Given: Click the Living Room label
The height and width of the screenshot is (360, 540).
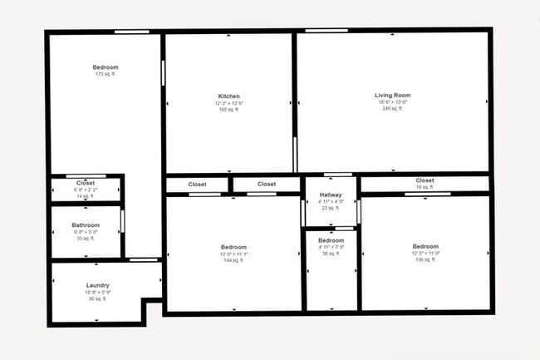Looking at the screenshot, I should coord(392,96).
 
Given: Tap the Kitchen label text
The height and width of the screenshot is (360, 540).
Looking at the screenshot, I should coord(228,96).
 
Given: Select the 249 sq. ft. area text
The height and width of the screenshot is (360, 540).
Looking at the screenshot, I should coord(392,109).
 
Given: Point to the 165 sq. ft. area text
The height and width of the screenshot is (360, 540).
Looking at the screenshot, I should coord(228,110).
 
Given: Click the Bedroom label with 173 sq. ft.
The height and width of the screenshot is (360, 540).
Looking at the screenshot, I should coord(105,67).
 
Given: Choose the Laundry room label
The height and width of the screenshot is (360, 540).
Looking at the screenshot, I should coord(97,285).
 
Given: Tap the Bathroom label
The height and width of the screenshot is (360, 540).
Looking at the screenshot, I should coord(86,225).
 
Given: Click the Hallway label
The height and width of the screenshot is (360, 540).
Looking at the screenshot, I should coord(331,195).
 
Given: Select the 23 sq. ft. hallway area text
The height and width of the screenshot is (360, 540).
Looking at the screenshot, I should coord(331,208).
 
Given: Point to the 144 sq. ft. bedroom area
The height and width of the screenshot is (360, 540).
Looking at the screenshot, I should coord(233,260).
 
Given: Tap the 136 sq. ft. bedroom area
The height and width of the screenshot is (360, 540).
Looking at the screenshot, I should coord(425,259).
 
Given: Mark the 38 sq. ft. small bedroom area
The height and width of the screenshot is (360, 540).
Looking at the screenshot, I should coord(331,254).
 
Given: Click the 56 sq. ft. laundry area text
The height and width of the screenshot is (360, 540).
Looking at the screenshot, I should coord(97,299).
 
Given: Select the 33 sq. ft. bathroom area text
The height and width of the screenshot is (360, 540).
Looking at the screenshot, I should coord(86,239).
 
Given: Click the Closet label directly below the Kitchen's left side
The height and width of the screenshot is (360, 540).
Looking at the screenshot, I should coord(197,185).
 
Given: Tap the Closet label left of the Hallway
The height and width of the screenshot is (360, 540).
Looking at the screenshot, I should coord(267,185).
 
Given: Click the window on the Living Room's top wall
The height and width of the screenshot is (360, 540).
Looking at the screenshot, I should coord(321,31).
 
